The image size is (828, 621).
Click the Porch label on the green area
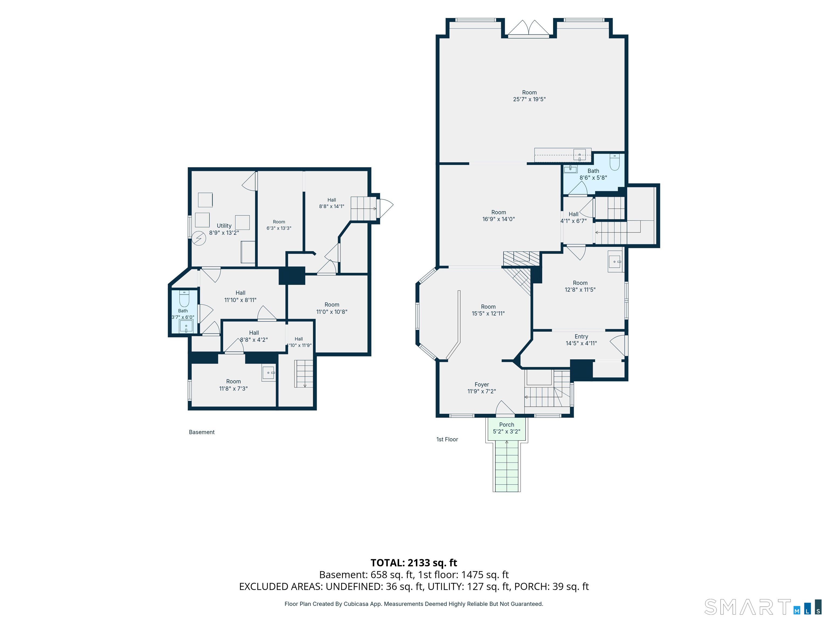pyautogui.click(x=506, y=425)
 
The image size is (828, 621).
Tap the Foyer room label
pyautogui.click(x=482, y=384)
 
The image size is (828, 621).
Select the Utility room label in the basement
pyautogui.click(x=224, y=226)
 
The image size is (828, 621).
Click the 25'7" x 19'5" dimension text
pyautogui.click(x=529, y=99)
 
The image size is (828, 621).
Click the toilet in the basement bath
pyautogui.click(x=184, y=299)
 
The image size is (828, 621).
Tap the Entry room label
pyautogui.click(x=581, y=337)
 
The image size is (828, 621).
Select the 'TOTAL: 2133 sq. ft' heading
pyautogui.click(x=414, y=563)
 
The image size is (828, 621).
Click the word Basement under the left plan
pyautogui.click(x=202, y=432)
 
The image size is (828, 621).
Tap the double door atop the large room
pyautogui.click(x=529, y=29)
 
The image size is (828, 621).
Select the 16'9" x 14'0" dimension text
pyautogui.click(x=499, y=219)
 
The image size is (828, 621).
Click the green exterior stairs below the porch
pyautogui.click(x=507, y=466)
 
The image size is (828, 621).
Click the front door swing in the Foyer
pyautogui.click(x=505, y=408)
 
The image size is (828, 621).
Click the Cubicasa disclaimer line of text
pyautogui.click(x=414, y=604)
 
